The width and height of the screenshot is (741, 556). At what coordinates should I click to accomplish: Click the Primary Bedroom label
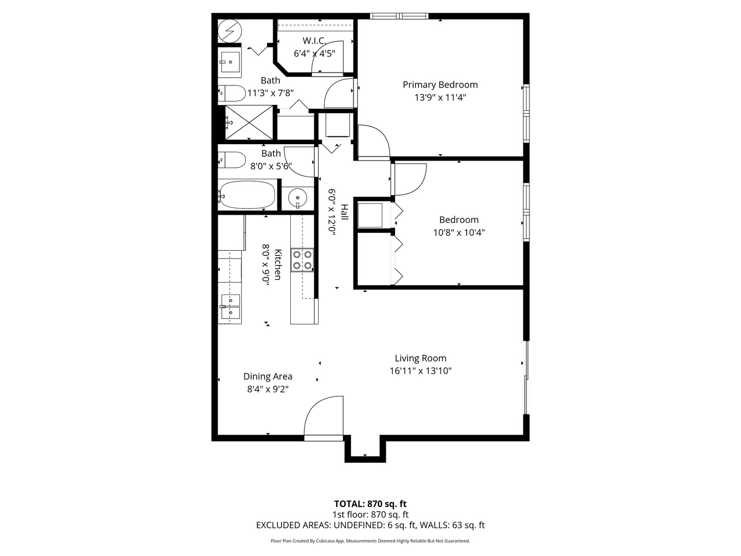click(x=440, y=85)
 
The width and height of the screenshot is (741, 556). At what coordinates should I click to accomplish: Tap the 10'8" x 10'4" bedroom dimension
click(x=458, y=233)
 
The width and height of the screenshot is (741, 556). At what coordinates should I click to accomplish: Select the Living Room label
click(x=420, y=358)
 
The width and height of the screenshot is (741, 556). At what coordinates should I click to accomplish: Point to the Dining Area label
click(x=268, y=376)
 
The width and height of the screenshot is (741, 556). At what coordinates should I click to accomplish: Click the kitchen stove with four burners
click(x=303, y=259)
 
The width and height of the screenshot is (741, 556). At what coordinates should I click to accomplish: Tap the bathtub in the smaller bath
click(x=246, y=195)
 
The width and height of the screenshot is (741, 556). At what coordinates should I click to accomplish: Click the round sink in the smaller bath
click(x=297, y=197)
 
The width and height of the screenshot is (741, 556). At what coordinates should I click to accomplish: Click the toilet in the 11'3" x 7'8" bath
click(x=232, y=94)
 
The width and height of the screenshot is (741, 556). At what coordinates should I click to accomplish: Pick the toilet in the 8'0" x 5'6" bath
click(x=232, y=160)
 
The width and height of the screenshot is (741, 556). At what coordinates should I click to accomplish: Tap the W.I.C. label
click(x=314, y=41)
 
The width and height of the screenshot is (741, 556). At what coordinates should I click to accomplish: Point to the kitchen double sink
click(x=230, y=307)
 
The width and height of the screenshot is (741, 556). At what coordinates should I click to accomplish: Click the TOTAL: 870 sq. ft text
click(x=370, y=504)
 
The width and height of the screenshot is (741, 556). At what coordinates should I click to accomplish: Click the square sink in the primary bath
click(x=230, y=62)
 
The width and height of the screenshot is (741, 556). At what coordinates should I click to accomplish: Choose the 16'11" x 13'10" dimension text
click(x=420, y=371)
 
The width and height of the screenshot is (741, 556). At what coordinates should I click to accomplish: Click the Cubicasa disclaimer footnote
click(x=370, y=541)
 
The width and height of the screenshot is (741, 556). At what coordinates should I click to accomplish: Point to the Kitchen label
click(x=278, y=265)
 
